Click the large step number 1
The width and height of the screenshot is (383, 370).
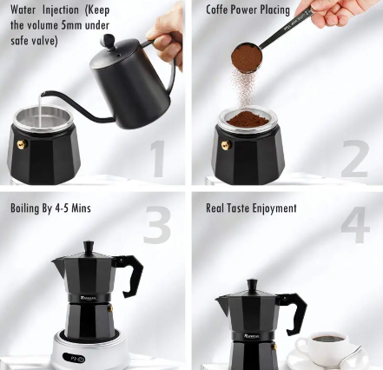tap(157, 158)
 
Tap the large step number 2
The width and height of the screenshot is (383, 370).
tap(354, 158)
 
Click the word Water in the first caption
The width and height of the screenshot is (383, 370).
tap(27, 10)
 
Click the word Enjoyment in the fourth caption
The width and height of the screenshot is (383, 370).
tap(271, 208)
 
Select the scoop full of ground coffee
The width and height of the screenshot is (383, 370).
tap(247, 58)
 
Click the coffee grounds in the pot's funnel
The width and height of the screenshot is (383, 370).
tap(248, 119)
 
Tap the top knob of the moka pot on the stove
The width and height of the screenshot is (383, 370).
tap(88, 248)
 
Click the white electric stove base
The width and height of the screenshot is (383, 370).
tap(87, 356)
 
